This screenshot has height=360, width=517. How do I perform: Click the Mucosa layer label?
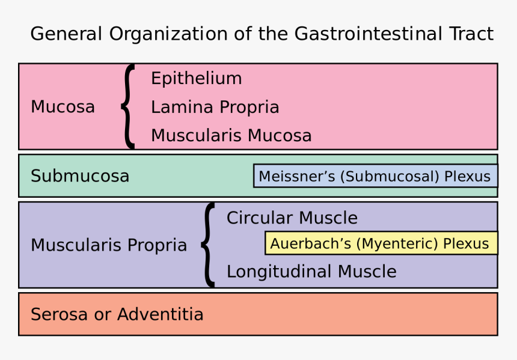[x=63, y=107]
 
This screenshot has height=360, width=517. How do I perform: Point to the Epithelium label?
[x=196, y=79]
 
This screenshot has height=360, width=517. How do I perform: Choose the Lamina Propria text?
[x=215, y=108]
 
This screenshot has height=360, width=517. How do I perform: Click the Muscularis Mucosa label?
[x=231, y=136]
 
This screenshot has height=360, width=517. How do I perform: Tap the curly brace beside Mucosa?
[x=127, y=106]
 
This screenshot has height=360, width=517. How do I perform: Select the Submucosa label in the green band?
[x=79, y=176]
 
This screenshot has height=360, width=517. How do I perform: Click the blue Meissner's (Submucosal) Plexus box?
[x=375, y=176]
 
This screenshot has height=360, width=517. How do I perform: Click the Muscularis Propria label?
[x=109, y=245]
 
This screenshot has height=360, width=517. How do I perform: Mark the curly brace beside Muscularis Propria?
[x=208, y=245]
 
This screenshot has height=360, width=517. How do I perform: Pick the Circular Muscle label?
[x=292, y=218]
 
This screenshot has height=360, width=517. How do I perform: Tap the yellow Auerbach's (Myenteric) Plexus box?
[x=381, y=243]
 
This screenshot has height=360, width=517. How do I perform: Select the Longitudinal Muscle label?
[x=311, y=272]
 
